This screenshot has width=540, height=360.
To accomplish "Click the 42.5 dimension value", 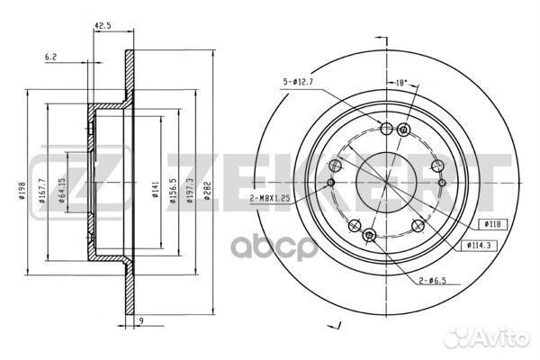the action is (103, 25).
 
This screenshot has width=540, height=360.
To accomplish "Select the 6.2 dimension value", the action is (50, 57).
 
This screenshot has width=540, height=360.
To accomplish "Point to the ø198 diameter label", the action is (22, 191).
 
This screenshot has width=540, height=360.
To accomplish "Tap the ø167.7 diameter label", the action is (42, 191).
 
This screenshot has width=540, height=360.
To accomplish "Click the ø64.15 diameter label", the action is (61, 191).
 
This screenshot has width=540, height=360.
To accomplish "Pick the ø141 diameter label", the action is (155, 190).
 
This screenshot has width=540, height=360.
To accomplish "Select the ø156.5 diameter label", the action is (173, 191).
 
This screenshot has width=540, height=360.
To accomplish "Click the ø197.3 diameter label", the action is (190, 191).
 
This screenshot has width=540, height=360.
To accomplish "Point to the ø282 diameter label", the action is (207, 191).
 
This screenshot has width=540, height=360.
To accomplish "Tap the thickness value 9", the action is (141, 320).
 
